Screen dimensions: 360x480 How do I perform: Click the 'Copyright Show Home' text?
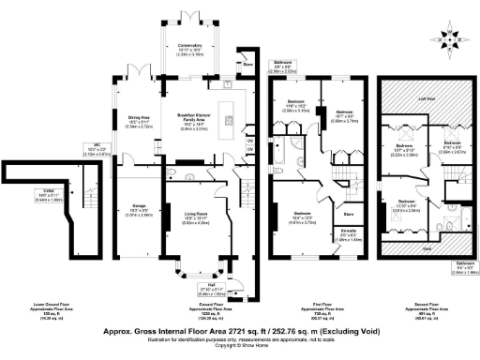pyautogui.click(x=240, y=347)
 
